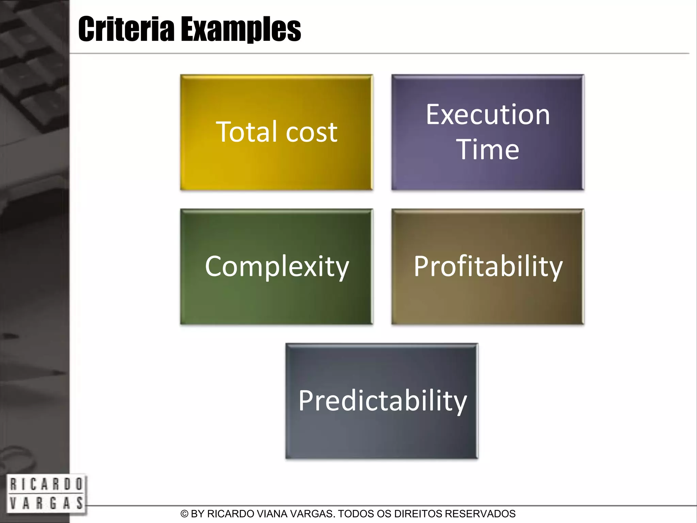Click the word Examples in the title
[241, 30]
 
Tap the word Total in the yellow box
[248, 132]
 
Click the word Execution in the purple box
[488, 115]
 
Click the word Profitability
[488, 267]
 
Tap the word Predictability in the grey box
[383, 401]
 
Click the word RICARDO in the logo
[46, 484]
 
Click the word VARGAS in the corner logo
[46, 503]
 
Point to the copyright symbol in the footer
[184, 514]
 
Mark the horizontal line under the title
[374, 53]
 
